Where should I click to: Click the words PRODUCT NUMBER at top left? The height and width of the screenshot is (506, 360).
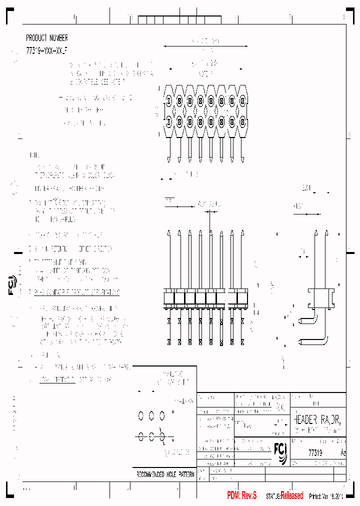coord(47,38)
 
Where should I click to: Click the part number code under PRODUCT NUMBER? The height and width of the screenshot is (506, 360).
coord(46,51)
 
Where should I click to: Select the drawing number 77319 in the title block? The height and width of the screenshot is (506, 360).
coord(315,452)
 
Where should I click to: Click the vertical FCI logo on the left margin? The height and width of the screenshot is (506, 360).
coord(13,285)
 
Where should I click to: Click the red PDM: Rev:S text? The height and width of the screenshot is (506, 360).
coord(242,495)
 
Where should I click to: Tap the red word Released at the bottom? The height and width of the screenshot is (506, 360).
coord(291,495)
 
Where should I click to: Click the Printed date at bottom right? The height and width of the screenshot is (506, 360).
coord(326,496)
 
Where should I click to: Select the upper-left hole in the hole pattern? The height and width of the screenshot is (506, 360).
coord(140,415)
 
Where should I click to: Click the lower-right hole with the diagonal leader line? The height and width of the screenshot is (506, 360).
coord(162,436)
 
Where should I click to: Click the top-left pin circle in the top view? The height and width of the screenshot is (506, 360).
coord(168,101)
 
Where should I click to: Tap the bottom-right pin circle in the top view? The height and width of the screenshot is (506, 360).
coord(242,121)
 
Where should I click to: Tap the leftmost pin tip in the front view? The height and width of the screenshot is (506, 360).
coord(168,232)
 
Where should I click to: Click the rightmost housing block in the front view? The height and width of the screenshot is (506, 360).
coord(242,297)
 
